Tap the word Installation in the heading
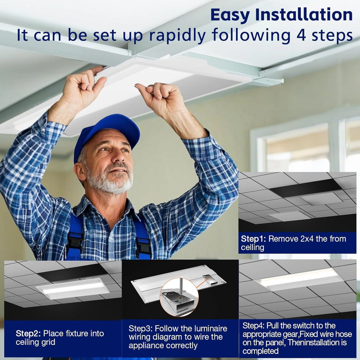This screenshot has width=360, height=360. (304, 14)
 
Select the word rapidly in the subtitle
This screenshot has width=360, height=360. (177, 36)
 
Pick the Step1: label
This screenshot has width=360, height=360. (253, 239)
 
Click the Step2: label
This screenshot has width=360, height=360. (28, 333)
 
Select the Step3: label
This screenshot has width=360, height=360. (140, 328)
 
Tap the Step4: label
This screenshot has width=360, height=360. (253, 325)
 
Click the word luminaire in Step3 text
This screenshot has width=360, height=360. (211, 328)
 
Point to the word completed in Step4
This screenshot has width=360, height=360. (260, 351)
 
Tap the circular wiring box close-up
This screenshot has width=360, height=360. (179, 297)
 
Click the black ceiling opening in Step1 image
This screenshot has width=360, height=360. (305, 188)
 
